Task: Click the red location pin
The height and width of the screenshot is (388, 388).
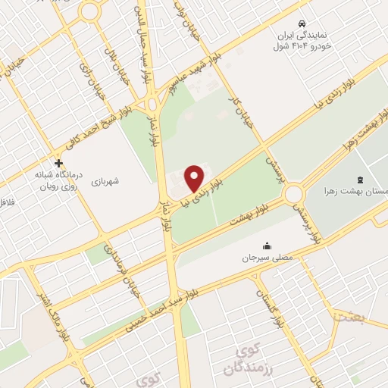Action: tap(195, 177)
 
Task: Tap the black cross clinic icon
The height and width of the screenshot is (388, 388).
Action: tap(59, 163)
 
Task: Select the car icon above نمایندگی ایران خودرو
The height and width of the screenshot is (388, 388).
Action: tap(302, 23)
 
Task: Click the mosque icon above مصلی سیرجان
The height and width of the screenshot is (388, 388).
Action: tap(267, 246)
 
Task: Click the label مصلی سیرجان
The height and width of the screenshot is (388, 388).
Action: tap(261, 258)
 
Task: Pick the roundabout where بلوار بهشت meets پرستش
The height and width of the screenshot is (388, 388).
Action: tap(294, 195)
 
